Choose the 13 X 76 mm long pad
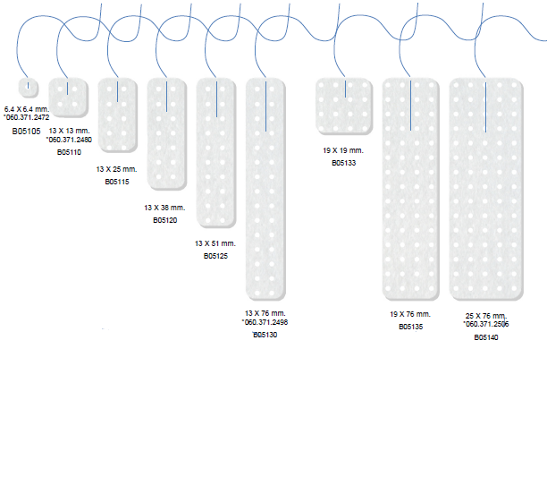(266, 188)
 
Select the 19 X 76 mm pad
(410, 188)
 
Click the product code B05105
(27, 131)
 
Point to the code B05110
(69, 152)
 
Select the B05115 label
(117, 182)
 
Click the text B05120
(165, 219)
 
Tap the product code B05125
(215, 256)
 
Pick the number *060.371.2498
(265, 322)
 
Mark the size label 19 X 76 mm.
(410, 315)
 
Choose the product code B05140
(486, 337)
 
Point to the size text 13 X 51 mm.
(215, 243)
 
